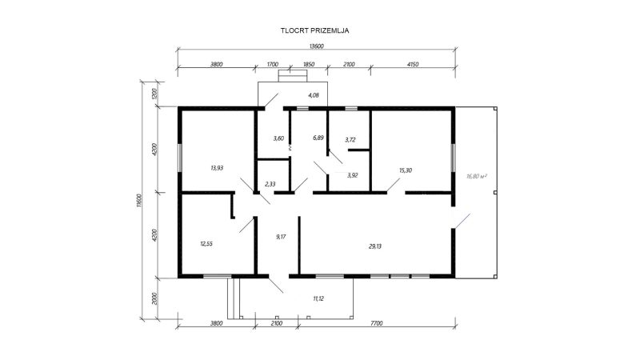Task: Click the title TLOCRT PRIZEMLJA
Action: coord(314,30)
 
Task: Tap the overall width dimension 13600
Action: coord(316,46)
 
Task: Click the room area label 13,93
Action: coord(217,168)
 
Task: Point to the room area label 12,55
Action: coord(206,244)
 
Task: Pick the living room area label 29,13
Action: coord(375,246)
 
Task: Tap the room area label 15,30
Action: coord(406,170)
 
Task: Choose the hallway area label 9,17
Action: coord(281,237)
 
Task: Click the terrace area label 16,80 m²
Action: coord(477,176)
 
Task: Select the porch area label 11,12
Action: coord(318,298)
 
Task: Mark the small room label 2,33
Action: coord(270,185)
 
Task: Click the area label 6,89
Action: coord(318,138)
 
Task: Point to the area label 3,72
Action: coord(350,139)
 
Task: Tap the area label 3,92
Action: coord(352,175)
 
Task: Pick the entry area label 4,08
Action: coord(314,95)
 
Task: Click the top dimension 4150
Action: coord(413,65)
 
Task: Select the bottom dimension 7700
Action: coord(377,324)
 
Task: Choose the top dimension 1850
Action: coord(309,65)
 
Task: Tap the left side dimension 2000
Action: coord(154,298)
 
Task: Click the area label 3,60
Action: coord(278,138)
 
